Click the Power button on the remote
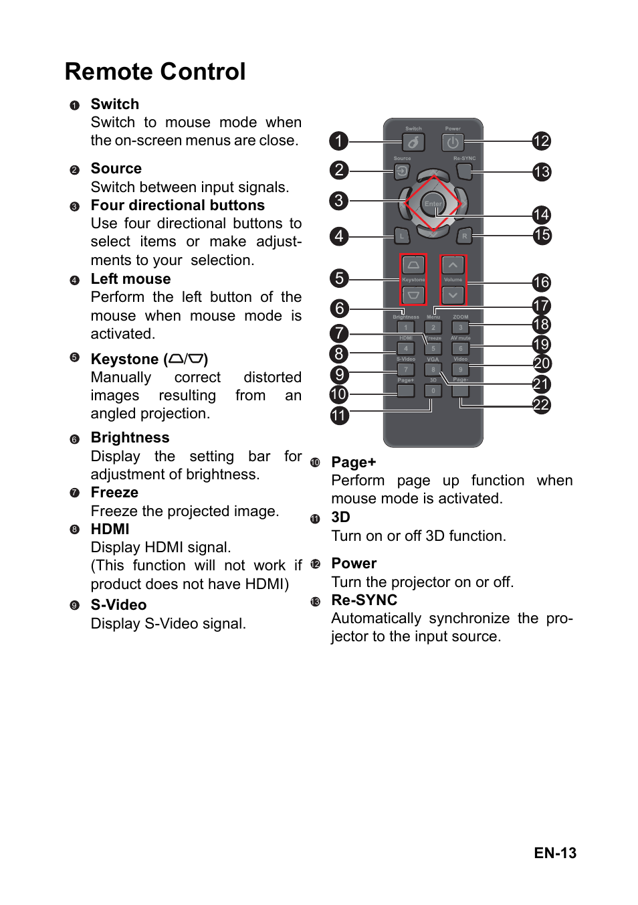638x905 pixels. tap(453, 143)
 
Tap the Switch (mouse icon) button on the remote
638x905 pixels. tap(413, 143)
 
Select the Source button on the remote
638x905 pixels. tap(402, 171)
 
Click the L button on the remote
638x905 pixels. tap(402, 236)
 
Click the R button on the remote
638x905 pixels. tap(464, 236)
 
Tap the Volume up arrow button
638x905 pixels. tap(453, 265)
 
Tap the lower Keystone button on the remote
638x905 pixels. tap(413, 295)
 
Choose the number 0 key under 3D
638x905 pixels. tap(433, 390)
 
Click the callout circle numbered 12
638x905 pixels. tap(541, 141)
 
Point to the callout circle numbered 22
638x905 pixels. tap(541, 405)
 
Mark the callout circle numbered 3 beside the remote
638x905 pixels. tap(339, 200)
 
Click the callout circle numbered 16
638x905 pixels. tap(541, 282)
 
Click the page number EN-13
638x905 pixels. tap(554, 853)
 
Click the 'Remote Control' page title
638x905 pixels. tap(155, 72)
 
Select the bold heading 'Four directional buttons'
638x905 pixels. tap(177, 205)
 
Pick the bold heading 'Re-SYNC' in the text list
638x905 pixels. tap(364, 600)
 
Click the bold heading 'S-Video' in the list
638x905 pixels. tap(118, 605)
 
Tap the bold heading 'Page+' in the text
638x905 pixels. tap(353, 463)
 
